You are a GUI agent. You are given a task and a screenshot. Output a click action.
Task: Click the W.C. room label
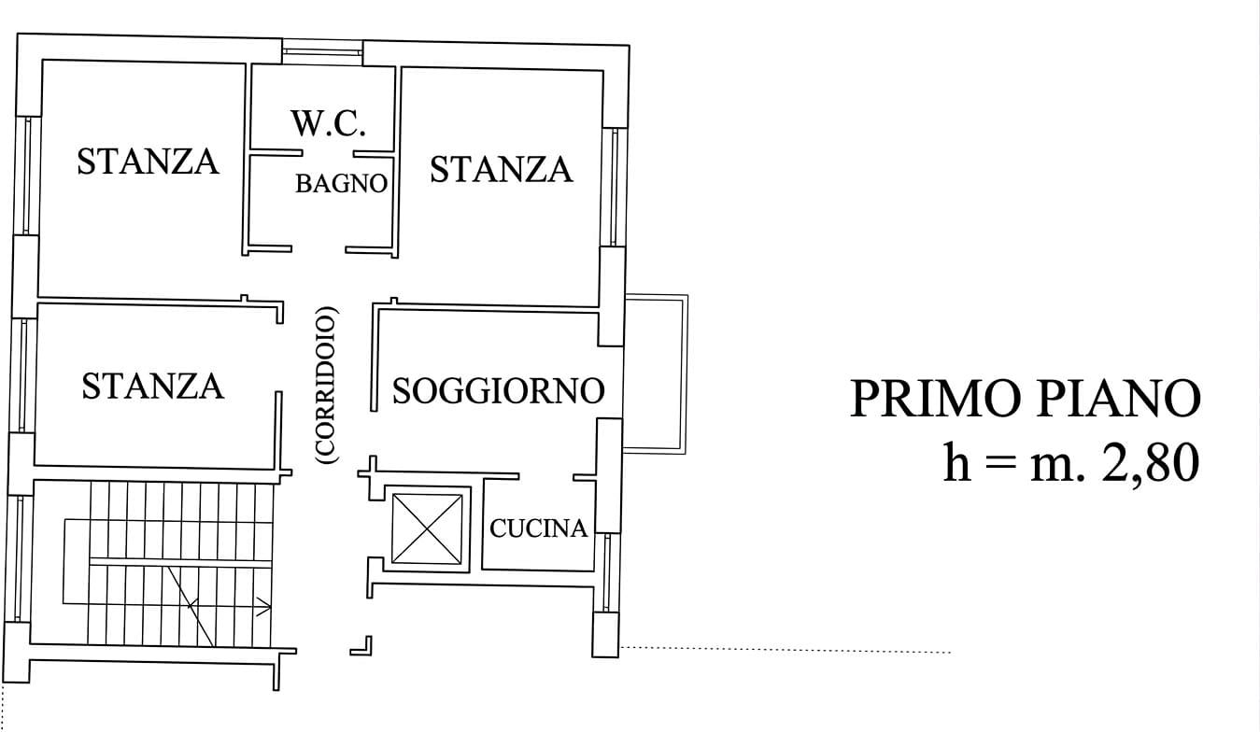pyautogui.click(x=328, y=124)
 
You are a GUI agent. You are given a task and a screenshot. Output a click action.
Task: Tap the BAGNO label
pyautogui.click(x=341, y=184)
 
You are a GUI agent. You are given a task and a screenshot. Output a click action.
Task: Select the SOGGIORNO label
pyautogui.click(x=498, y=390)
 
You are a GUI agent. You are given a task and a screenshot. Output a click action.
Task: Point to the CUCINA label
pyautogui.click(x=539, y=529)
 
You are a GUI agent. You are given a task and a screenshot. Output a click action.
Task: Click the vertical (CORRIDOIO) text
pyautogui.click(x=328, y=386)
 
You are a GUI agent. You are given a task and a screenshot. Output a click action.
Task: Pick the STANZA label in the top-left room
pyautogui.click(x=148, y=162)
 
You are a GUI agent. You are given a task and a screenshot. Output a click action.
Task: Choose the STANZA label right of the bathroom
pyautogui.click(x=501, y=170)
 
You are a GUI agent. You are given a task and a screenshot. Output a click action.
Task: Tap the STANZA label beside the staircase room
pyautogui.click(x=153, y=386)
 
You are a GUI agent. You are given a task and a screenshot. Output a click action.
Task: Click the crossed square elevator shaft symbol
pyautogui.click(x=427, y=528)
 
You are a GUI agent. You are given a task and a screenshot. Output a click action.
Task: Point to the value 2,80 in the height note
pyautogui.click(x=1150, y=462)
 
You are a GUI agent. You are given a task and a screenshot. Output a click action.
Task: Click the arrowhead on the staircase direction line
pyautogui.click(x=266, y=606)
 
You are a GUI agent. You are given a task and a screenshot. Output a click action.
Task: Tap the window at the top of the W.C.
pyautogui.click(x=322, y=52)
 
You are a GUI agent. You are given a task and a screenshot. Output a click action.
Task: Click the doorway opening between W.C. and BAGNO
pyautogui.click(x=328, y=152)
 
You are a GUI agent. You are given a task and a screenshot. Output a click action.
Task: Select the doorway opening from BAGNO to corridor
pyautogui.click(x=319, y=249)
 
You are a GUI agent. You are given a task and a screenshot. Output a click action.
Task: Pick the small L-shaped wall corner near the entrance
pyautogui.click(x=363, y=645)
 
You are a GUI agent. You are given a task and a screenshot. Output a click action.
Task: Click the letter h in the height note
pyautogui.click(x=956, y=462)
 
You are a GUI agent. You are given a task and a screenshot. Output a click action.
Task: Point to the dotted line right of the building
pyautogui.click(x=785, y=650)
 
